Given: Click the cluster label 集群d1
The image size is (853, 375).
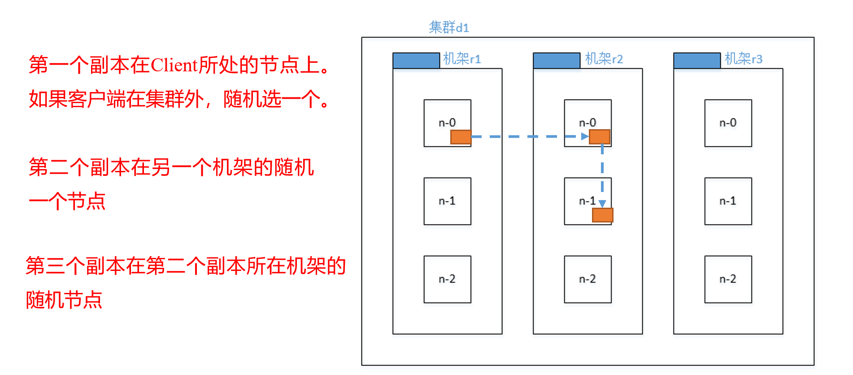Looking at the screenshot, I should [448, 27].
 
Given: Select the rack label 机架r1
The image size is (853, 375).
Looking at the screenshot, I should [461, 59].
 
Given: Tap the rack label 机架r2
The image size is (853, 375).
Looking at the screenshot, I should [604, 59].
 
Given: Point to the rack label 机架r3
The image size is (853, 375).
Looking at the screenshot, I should [743, 59].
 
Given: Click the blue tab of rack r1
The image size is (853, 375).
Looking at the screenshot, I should [416, 61].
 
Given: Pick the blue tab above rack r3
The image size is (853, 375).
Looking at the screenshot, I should [696, 61].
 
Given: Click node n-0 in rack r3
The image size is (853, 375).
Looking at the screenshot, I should [728, 123].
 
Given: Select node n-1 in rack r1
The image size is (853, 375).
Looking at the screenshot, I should [447, 201].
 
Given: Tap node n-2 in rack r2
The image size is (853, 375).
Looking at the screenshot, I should [588, 279].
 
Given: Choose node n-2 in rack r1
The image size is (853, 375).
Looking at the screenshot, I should [447, 279].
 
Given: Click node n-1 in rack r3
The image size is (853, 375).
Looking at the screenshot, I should [728, 201].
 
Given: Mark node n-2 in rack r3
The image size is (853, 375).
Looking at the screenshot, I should [728, 279].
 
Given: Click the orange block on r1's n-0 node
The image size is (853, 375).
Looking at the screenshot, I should [461, 137].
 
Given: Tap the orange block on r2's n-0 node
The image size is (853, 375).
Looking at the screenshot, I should [600, 137].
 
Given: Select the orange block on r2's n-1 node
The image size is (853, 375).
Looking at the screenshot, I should [602, 215].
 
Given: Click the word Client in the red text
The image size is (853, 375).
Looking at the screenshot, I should [174, 65].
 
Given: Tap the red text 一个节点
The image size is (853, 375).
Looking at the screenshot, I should [67, 201].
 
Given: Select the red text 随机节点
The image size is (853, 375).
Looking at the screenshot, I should [64, 300].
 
